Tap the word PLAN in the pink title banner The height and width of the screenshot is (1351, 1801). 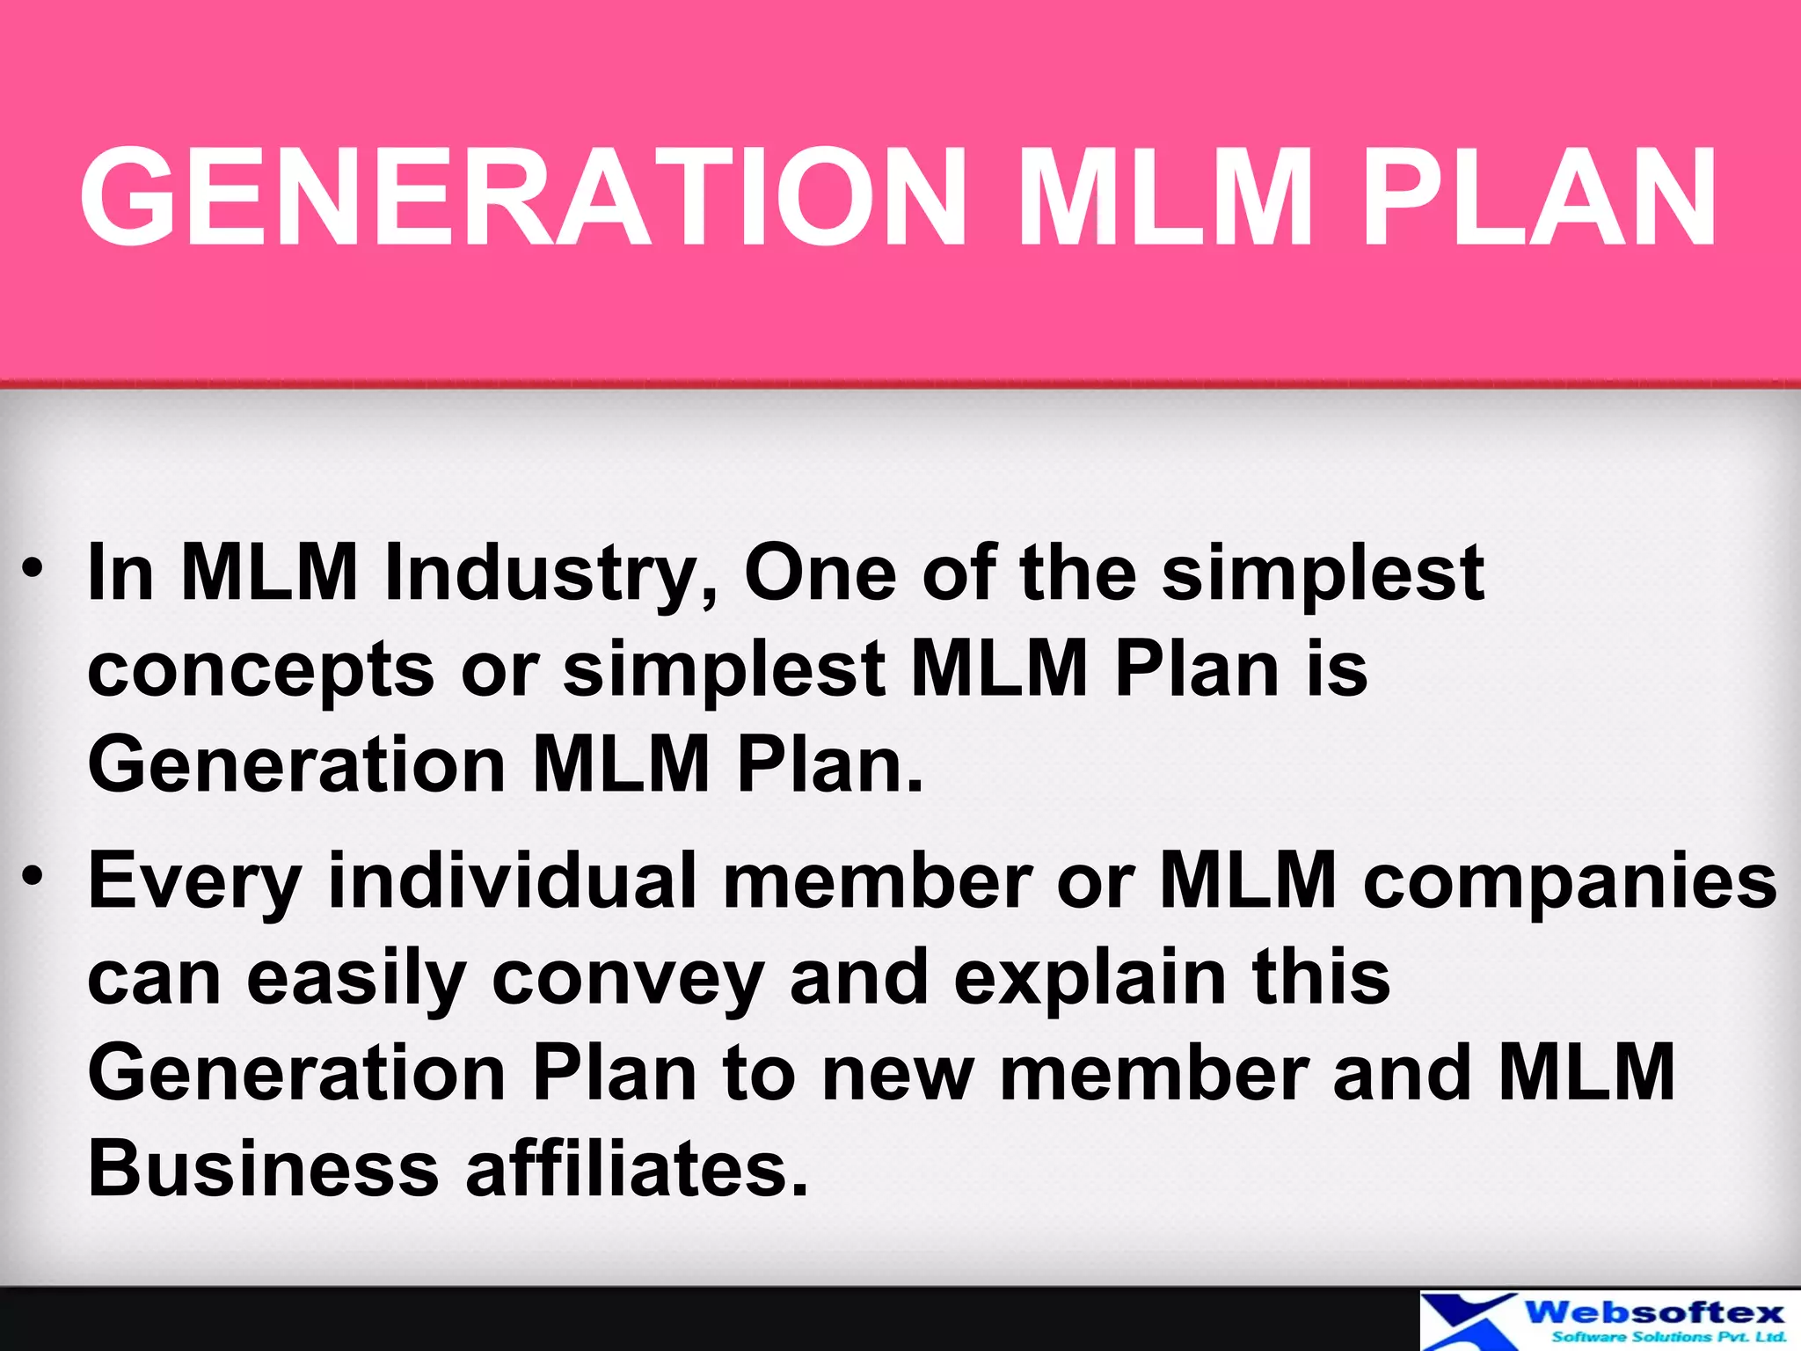click(x=1539, y=197)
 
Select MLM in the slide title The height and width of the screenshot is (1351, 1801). click(x=1163, y=197)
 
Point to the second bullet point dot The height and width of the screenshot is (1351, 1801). click(x=33, y=875)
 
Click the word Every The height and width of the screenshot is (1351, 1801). click(x=194, y=881)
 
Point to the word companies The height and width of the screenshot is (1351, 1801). click(x=1570, y=881)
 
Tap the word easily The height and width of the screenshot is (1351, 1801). click(x=355, y=978)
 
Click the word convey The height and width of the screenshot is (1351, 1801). click(x=627, y=980)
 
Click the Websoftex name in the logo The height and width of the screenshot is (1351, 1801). click(x=1654, y=1313)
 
